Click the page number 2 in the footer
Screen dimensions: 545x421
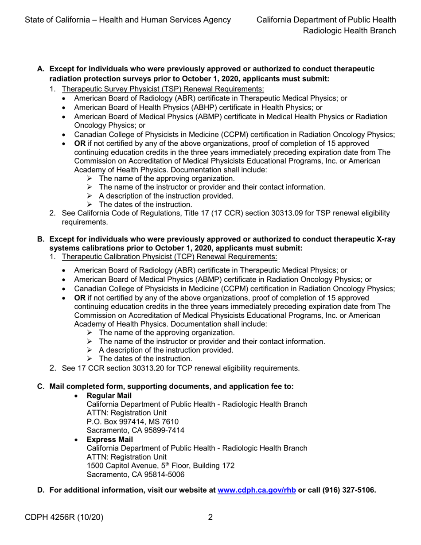211,517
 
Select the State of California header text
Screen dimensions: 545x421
128,20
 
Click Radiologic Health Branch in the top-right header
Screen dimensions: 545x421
349,31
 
